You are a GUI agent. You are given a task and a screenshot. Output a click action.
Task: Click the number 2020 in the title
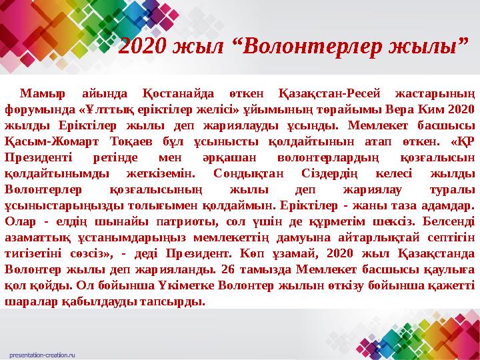[x=142, y=47]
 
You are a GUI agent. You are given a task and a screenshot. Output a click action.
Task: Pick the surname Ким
[x=433, y=109]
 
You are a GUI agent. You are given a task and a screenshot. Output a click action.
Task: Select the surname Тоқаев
[x=128, y=141]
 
